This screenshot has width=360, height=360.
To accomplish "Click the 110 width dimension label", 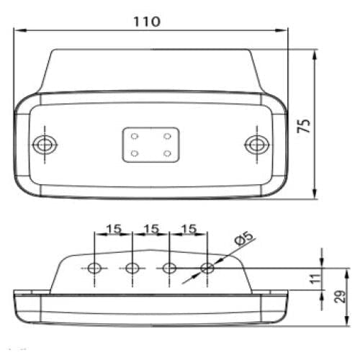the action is coord(147,22).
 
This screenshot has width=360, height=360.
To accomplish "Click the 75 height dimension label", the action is coord(304,125).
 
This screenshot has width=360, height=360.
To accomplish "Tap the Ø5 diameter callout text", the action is coord(244,238).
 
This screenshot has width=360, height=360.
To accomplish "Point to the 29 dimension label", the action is coord(340,296).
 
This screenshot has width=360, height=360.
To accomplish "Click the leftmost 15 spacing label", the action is coord(114,229).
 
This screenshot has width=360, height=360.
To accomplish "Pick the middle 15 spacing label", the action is coord(151,229).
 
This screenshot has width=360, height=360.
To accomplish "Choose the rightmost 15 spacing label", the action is coord(189,229).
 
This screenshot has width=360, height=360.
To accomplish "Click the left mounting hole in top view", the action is coord(45,145).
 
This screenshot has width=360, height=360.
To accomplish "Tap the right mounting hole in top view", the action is coord(257,145).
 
